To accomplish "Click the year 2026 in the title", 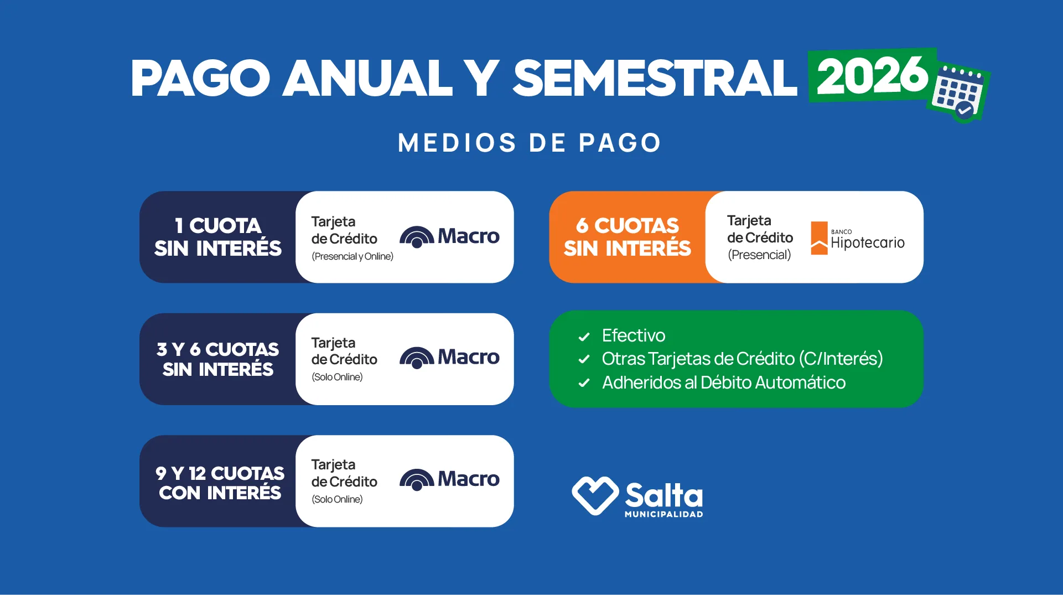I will (872, 76).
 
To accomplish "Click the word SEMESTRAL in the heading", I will (655, 79).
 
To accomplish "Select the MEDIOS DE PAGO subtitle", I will (530, 143).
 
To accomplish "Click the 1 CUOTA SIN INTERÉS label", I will (218, 237).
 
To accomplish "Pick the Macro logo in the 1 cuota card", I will (449, 236).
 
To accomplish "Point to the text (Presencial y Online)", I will (352, 256).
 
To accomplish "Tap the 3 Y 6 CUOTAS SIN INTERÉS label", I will (218, 359).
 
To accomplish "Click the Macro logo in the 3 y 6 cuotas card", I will (449, 358).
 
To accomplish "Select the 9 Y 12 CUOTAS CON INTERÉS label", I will (220, 483).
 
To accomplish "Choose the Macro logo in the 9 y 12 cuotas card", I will (449, 479).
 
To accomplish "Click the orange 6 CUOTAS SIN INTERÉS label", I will (627, 237).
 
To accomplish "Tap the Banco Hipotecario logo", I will (857, 239).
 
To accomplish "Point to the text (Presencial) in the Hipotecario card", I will (759, 255).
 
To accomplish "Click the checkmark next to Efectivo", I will (584, 337).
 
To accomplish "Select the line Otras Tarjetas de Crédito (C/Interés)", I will (741, 359).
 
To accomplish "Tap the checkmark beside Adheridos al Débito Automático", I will (584, 383).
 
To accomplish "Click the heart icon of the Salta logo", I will (595, 495).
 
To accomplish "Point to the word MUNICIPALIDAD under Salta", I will (663, 514).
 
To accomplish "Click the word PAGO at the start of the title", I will (200, 79).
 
